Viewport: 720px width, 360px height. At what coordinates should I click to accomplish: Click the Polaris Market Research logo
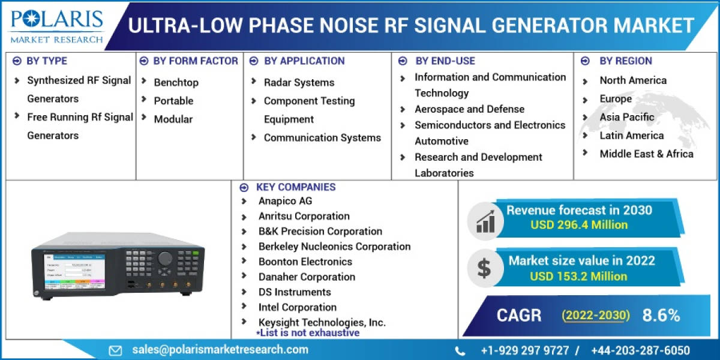point(57,25)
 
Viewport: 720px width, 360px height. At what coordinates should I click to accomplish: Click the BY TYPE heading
point(47,61)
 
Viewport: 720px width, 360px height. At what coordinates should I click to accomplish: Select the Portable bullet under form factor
point(173,101)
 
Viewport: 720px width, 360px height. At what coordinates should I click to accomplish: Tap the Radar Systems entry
point(299,82)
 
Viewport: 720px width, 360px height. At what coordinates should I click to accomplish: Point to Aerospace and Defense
point(469,109)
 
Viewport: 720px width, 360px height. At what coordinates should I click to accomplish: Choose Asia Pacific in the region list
point(627,117)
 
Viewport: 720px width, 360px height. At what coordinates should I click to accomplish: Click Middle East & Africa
point(646,154)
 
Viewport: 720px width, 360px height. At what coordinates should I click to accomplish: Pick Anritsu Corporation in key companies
point(304,216)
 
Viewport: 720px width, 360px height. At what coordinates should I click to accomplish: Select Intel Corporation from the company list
point(297,307)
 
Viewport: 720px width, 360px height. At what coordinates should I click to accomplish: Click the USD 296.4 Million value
point(579,225)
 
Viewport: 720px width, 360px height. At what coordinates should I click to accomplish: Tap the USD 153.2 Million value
point(578,276)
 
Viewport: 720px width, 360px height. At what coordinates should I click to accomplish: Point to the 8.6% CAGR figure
point(661,315)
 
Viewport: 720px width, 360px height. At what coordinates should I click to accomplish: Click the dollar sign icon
point(484,268)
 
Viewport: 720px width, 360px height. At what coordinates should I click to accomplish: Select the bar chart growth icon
point(485,220)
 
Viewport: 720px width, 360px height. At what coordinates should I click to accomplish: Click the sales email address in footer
point(220,350)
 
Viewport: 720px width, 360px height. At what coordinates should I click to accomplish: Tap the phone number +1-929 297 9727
point(523,350)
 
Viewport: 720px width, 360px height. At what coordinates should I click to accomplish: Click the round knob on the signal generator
point(165,259)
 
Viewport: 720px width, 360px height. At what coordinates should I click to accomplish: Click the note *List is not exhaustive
point(308,332)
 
